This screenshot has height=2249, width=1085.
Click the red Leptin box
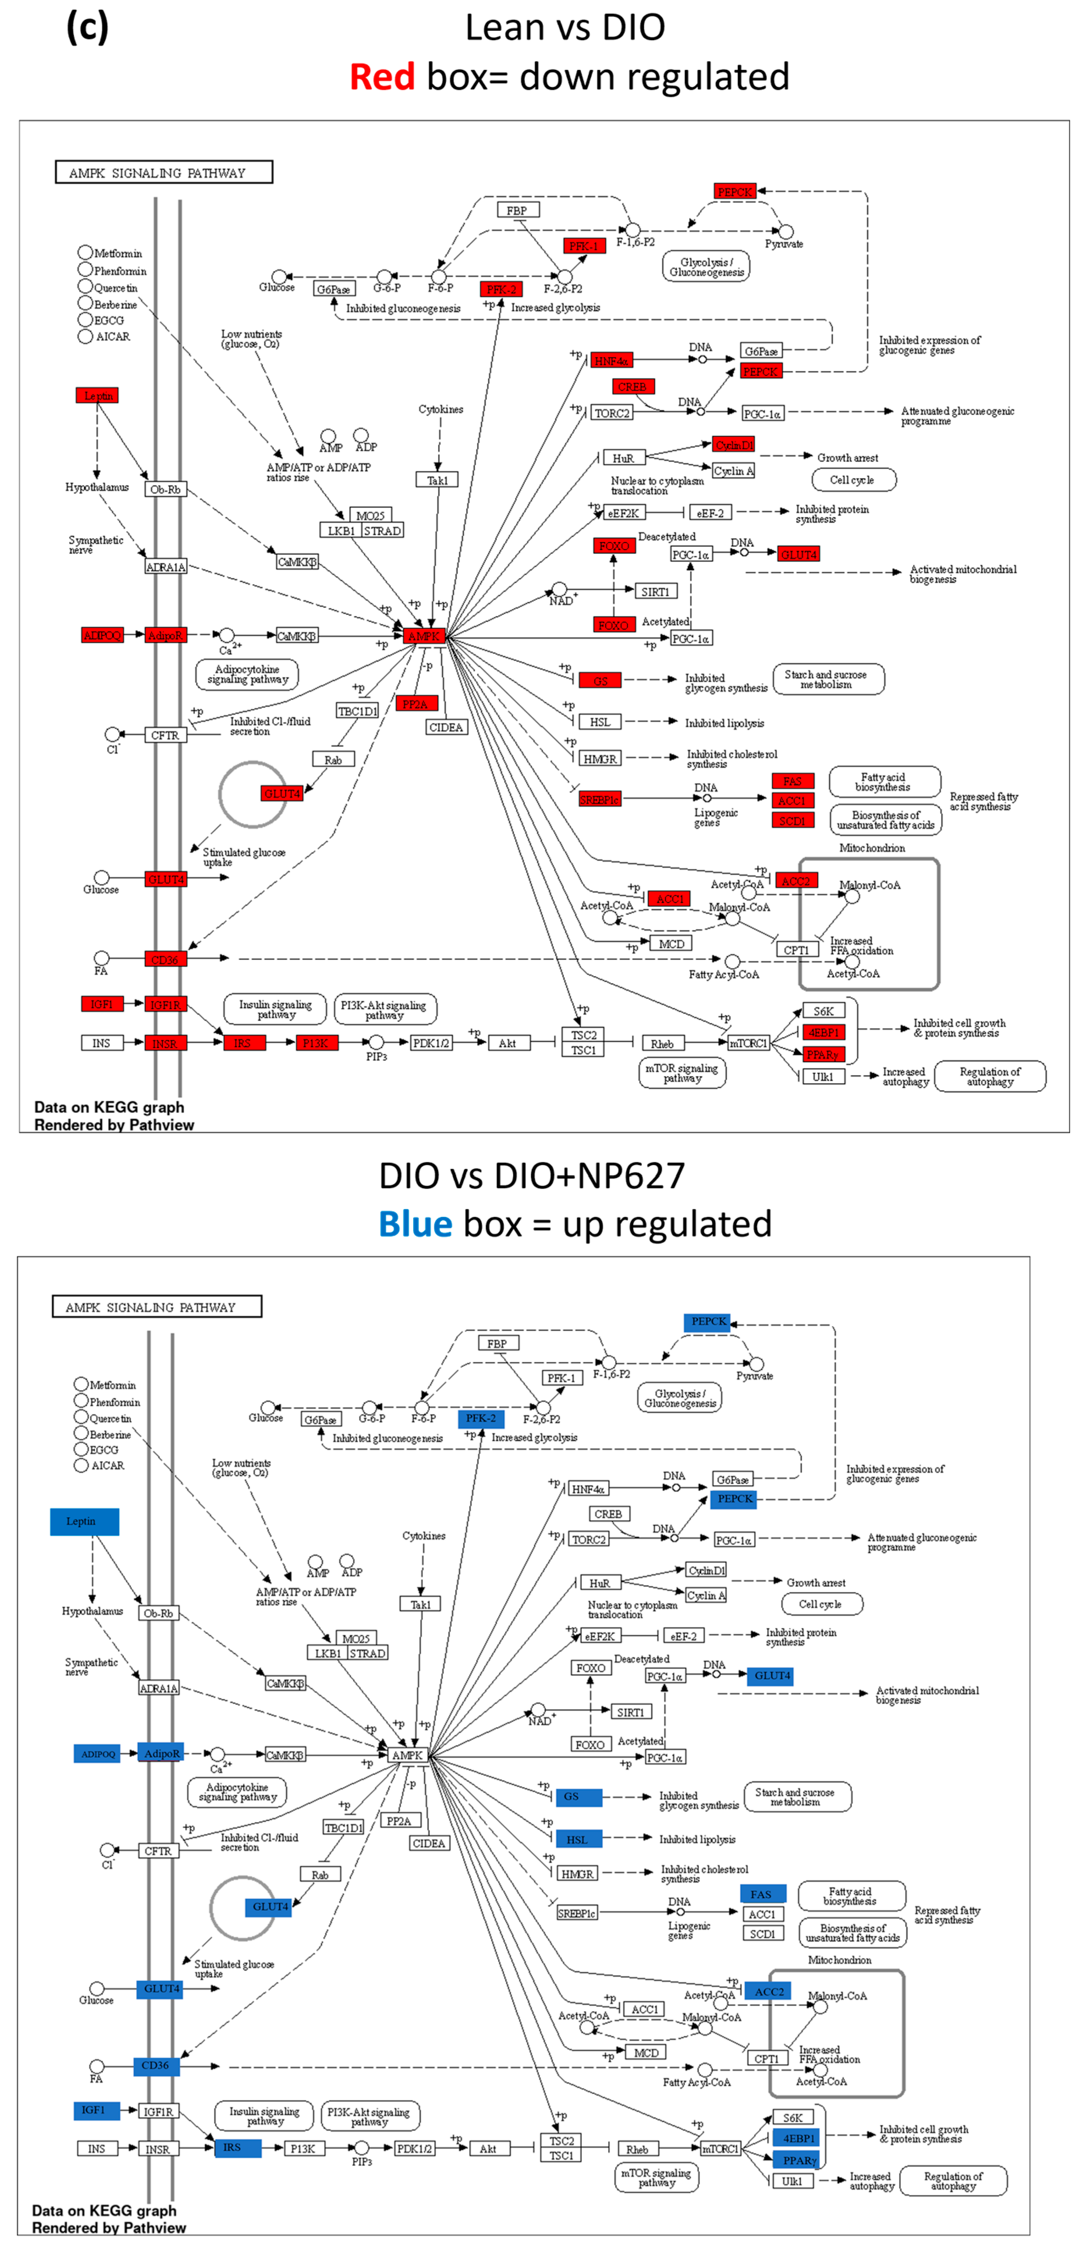point(97,396)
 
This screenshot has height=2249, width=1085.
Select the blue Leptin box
point(84,1521)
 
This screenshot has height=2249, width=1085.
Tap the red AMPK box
point(424,637)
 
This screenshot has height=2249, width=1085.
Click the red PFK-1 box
point(584,246)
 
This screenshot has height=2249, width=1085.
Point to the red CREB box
point(632,387)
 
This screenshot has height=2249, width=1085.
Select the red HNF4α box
point(611,360)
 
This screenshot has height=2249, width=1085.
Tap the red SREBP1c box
point(600,799)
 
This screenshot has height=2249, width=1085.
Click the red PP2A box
point(415,704)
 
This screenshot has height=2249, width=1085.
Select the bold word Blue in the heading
point(415,1224)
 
